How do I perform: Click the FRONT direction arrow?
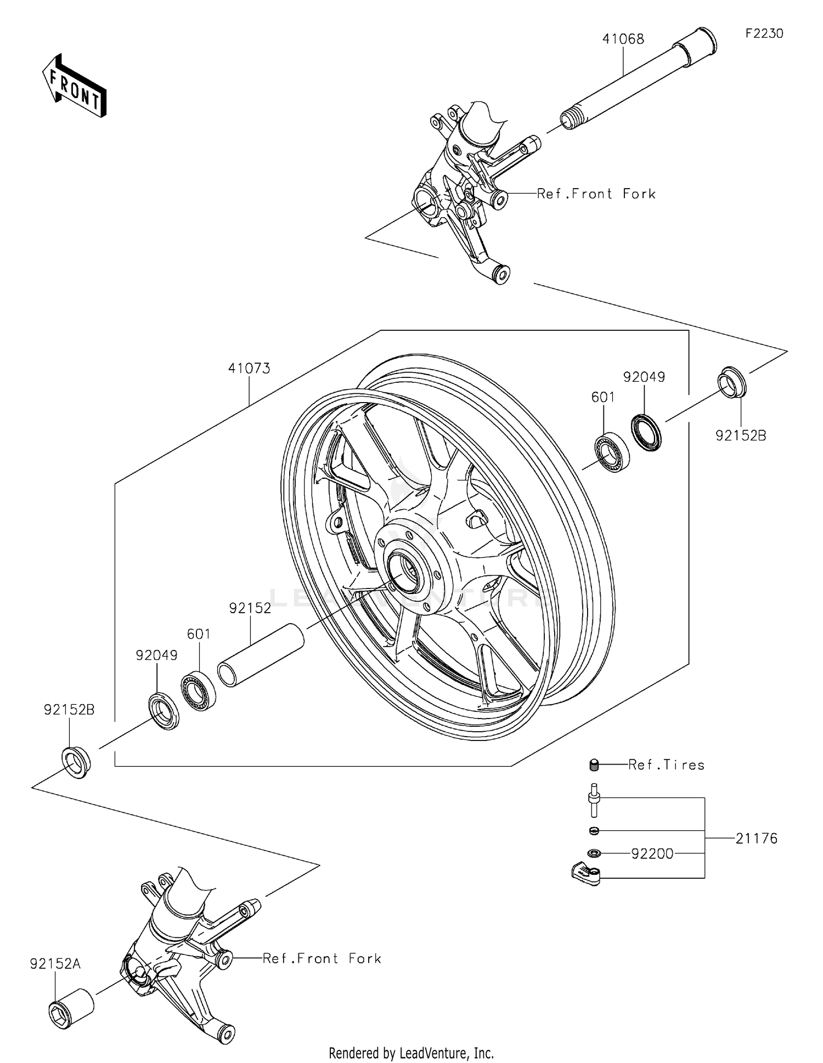(x=74, y=87)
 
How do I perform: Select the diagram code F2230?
(x=764, y=33)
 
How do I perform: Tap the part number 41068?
(x=623, y=39)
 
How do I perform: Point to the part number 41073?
(x=249, y=369)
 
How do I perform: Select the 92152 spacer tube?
(x=261, y=654)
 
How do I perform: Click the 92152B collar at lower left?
(x=76, y=761)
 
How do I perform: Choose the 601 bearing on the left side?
(x=199, y=690)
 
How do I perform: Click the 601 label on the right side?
(x=603, y=397)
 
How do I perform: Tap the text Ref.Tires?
(x=666, y=765)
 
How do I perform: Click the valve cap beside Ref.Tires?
(x=594, y=765)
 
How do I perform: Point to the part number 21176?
(x=756, y=838)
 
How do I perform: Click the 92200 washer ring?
(x=594, y=853)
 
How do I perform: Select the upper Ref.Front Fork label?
(x=596, y=194)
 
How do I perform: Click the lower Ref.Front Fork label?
(x=322, y=958)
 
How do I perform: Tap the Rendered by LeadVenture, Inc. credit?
(x=411, y=1053)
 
